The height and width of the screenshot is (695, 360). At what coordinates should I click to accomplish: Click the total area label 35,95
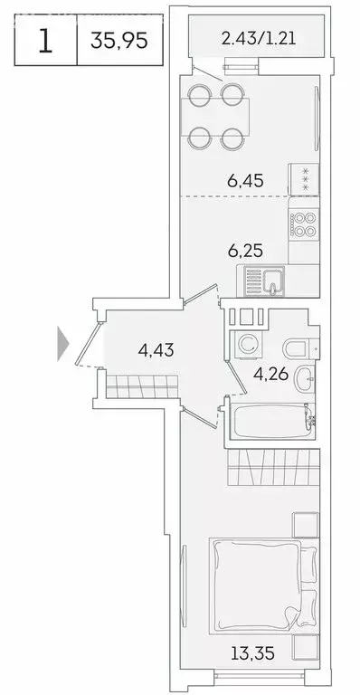118,42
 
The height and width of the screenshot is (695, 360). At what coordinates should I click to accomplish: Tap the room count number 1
45,42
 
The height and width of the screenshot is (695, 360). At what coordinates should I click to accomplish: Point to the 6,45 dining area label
244,181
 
